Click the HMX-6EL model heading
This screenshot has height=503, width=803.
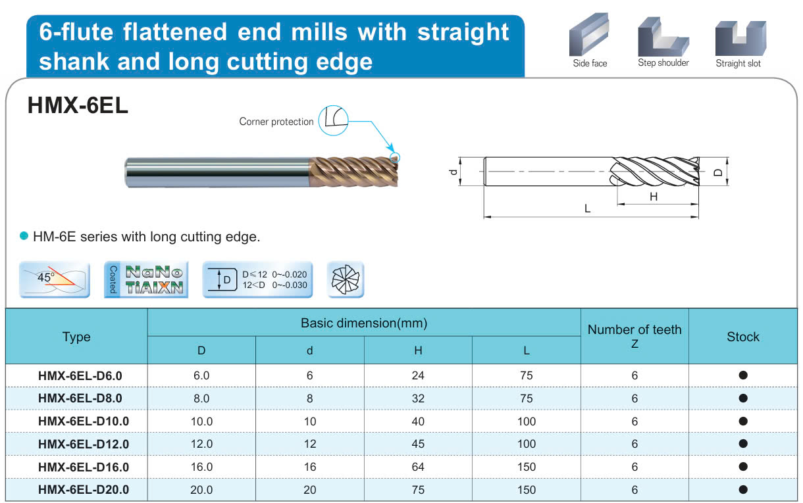[x=78, y=106]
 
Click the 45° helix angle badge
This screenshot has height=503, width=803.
[x=55, y=279]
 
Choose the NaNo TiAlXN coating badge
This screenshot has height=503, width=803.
[x=146, y=279]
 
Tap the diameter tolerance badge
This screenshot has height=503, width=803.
[x=257, y=279]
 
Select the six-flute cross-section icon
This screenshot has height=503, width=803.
[x=346, y=279]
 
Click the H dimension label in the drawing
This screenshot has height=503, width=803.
[x=654, y=197]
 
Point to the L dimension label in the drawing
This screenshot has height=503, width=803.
[x=587, y=208]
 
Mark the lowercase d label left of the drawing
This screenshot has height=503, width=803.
[x=453, y=172]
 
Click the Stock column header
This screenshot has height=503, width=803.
[x=742, y=337]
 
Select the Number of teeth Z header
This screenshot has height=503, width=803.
[x=635, y=336]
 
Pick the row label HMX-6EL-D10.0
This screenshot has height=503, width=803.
[x=84, y=421]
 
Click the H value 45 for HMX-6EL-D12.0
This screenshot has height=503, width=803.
[x=418, y=444]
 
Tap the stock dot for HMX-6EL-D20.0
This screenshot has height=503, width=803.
[x=743, y=489]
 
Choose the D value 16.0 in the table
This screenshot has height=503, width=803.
[x=201, y=467]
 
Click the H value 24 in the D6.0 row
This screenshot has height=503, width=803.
[x=418, y=375]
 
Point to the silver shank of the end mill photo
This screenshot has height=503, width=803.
[x=217, y=172]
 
